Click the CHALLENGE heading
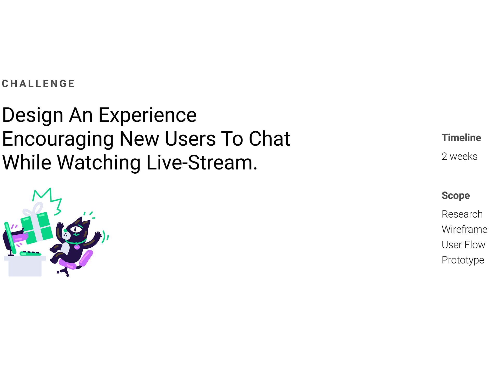pos(38,84)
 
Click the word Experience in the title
pos(147,115)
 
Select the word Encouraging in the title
pos(58,139)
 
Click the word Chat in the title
pos(269,139)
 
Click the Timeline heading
pos(461,138)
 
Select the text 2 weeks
pos(459,157)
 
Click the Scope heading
pos(456,195)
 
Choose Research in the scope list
pos(462,214)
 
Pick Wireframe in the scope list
pos(464,229)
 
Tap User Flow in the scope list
pos(463,245)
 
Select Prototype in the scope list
pos(463,260)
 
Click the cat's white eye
pos(76,229)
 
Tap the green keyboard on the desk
pos(30,253)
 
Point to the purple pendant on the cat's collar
pos(77,247)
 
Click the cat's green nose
pos(65,230)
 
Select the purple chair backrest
pos(86,258)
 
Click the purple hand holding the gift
pos(20,237)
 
